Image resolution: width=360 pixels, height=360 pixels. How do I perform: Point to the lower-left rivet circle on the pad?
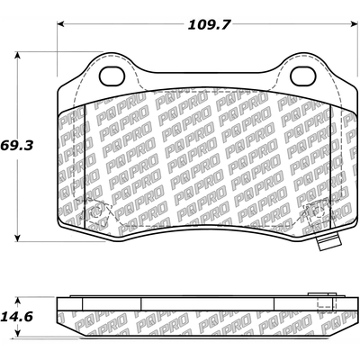pos(98,213)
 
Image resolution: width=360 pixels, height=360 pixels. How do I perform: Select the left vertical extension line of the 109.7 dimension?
pos(57,54)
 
